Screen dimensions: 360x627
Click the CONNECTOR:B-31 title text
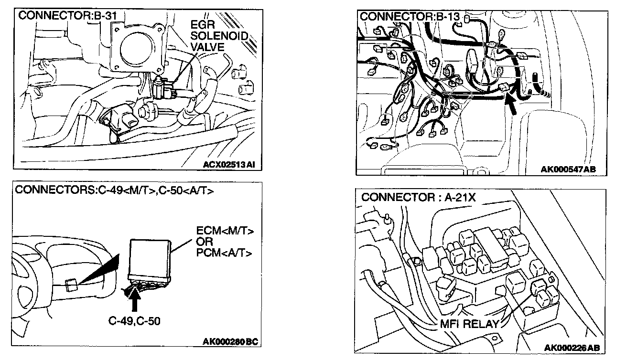pos(67,16)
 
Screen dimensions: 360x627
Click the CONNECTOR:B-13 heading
pos(410,17)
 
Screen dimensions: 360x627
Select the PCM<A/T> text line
pos(225,252)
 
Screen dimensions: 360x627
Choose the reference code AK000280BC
pos(230,341)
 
